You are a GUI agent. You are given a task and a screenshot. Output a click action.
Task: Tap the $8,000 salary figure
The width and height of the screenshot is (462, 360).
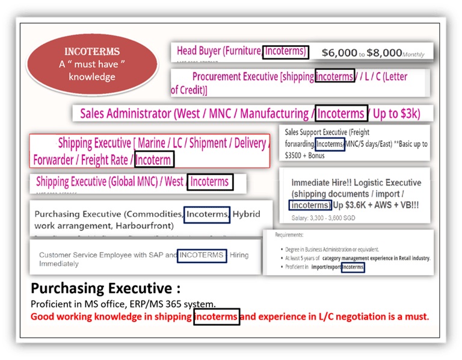(x=384, y=53)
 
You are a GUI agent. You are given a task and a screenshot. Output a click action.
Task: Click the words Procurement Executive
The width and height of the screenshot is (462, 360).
(x=235, y=76)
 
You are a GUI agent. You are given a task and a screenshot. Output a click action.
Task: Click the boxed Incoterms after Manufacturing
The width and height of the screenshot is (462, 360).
(x=340, y=113)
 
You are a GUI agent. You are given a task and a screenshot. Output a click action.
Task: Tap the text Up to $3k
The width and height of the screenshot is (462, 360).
(x=396, y=113)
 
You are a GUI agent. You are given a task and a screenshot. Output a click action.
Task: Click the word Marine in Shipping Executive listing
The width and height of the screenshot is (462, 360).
(x=154, y=143)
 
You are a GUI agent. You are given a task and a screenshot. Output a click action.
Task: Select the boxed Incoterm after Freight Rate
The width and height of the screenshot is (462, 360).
(x=154, y=160)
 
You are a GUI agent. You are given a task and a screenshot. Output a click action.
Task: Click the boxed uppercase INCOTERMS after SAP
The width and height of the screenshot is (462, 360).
(x=202, y=255)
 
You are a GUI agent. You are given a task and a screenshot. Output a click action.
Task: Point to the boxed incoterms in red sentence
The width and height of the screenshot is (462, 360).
(x=216, y=316)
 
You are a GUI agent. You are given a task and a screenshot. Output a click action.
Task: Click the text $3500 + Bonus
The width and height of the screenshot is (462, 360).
(x=305, y=155)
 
